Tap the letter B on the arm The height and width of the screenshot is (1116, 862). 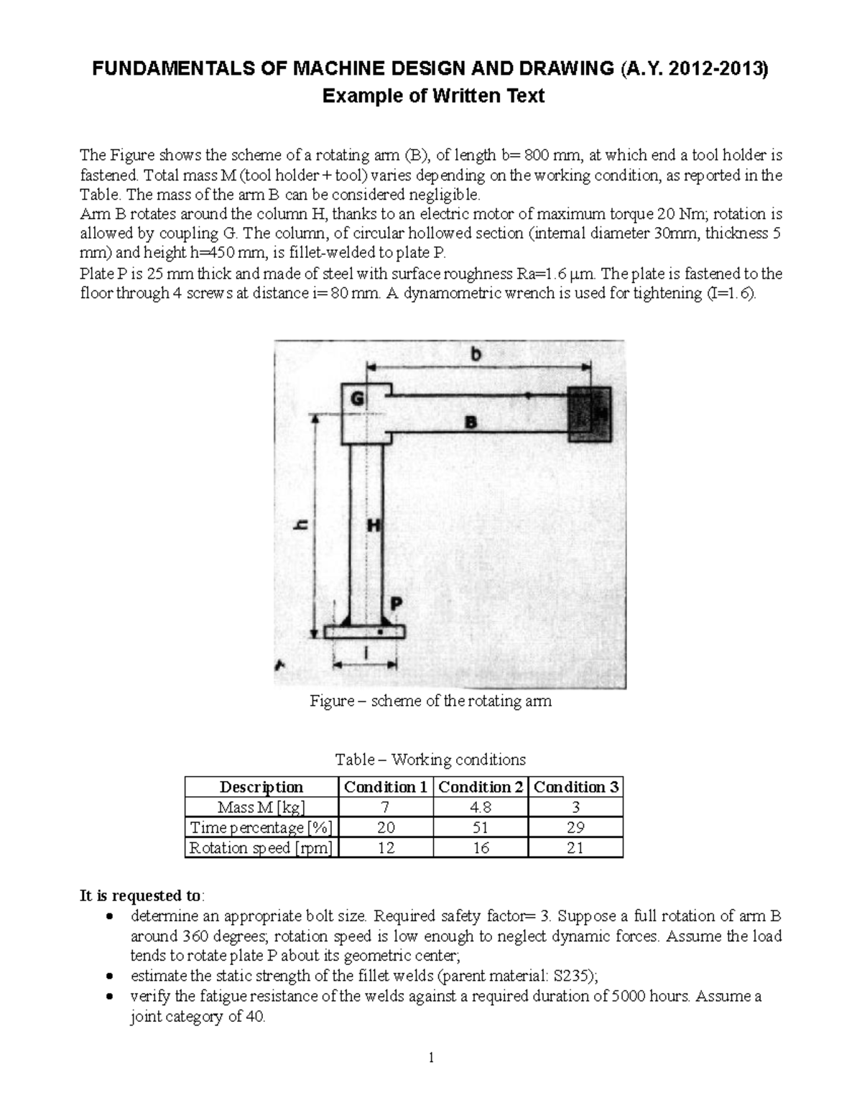point(471,423)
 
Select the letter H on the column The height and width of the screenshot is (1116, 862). point(374,525)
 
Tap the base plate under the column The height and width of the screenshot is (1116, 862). point(364,632)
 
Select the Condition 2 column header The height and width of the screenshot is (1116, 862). point(480,787)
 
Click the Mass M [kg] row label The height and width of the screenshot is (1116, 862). point(260,807)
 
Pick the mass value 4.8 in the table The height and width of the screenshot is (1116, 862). point(480,807)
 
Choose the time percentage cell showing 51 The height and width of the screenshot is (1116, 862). point(480,827)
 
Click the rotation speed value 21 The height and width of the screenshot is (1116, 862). point(575,848)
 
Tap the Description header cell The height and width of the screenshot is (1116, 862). point(261,787)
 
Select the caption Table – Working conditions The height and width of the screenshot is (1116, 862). point(430,760)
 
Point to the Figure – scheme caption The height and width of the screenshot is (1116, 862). point(430,701)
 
